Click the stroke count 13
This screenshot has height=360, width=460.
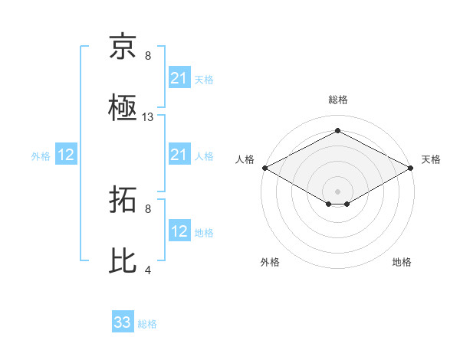pos(148,117)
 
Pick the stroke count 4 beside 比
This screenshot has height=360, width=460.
pos(148,270)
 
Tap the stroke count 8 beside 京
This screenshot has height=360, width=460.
pos(148,56)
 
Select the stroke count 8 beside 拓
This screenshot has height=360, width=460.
pos(148,208)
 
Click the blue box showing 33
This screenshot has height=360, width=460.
pos(123,322)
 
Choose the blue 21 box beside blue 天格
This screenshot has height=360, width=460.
pos(179,78)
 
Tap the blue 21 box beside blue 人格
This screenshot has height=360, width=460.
pos(179,155)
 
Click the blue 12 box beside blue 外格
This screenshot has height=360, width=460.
pos(66,155)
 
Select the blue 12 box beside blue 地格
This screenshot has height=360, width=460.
pos(179,231)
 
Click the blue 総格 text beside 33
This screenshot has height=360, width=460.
pos(147,324)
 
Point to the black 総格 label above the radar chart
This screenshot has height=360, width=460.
pos(337,100)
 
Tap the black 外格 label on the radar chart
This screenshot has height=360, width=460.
pos(270,262)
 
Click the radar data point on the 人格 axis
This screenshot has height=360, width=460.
pos(264,168)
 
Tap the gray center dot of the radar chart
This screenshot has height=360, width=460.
pos(337,191)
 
